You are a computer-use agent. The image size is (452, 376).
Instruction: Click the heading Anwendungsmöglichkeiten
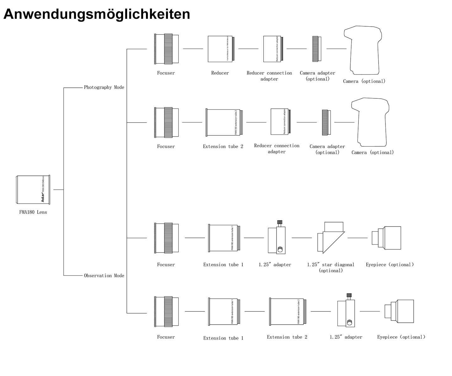click(97, 14)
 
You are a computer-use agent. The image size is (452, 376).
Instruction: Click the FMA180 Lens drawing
click(33, 190)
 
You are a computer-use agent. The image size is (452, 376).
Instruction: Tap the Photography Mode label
click(104, 87)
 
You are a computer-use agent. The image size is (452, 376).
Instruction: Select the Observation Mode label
click(104, 276)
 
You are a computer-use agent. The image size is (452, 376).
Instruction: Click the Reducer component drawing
click(221, 49)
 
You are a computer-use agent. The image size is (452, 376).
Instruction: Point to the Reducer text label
click(220, 73)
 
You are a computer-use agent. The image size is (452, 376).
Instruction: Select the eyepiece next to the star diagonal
click(386, 238)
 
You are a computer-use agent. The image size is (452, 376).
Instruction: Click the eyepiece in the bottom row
click(399, 311)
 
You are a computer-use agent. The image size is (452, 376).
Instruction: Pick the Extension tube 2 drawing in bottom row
click(286, 311)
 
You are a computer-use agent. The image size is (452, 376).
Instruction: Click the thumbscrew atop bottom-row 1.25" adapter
click(349, 295)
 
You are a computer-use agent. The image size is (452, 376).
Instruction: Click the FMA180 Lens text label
click(33, 212)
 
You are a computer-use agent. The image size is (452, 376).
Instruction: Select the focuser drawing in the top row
click(167, 49)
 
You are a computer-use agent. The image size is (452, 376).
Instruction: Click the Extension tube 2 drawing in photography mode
click(223, 123)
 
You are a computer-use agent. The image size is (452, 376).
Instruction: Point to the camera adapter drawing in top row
click(316, 49)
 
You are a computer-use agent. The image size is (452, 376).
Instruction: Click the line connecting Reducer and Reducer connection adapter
click(248, 49)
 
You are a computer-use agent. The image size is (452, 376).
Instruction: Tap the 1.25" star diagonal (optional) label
click(331, 268)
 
